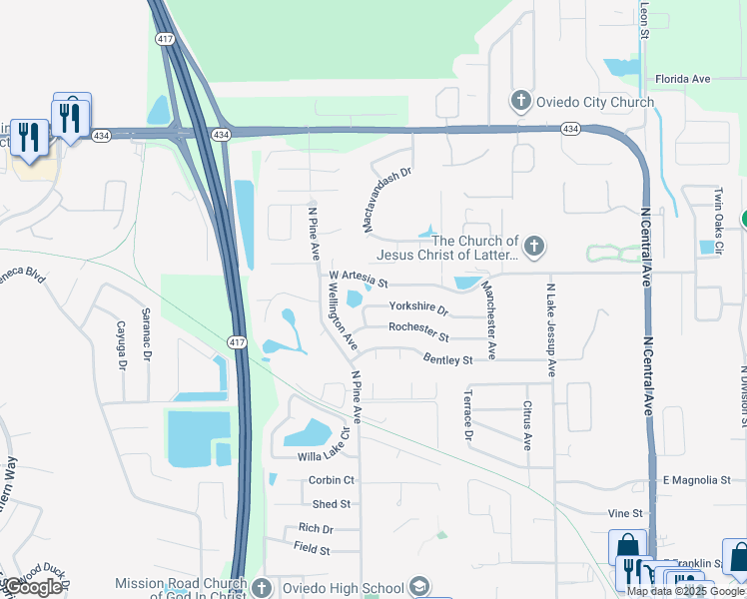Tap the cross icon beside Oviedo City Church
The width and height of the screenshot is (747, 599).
click(520, 101)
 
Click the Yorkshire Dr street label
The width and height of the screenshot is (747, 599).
click(418, 307)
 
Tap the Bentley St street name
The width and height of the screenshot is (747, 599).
click(447, 359)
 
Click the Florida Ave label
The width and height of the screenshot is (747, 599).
click(682, 79)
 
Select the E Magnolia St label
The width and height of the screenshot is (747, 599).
click(697, 480)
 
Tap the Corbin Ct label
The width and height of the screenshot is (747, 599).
click(332, 481)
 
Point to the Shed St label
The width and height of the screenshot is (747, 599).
click(332, 505)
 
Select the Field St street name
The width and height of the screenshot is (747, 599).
click(313, 547)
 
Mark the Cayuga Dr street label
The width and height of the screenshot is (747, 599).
click(121, 345)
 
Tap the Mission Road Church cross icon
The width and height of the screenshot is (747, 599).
click(262, 586)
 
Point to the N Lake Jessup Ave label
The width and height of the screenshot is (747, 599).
click(550, 328)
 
